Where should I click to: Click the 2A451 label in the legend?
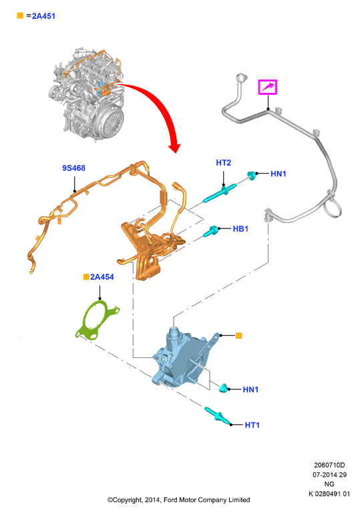[43, 16]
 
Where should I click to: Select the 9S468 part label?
[73, 168]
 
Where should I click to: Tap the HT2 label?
[224, 162]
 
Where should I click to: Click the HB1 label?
[240, 228]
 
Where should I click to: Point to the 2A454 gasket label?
[102, 277]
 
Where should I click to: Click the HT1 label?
[252, 425]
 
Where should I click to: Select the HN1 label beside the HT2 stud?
[278, 174]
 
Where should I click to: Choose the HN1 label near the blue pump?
[250, 389]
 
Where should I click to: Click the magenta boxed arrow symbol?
[268, 88]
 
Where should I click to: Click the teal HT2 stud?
[220, 193]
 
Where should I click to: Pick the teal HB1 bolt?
[211, 231]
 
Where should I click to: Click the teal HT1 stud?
[216, 415]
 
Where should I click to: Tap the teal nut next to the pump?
[224, 388]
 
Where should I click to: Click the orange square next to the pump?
[239, 336]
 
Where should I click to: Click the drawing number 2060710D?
[329, 465]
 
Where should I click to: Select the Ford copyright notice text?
[179, 500]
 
